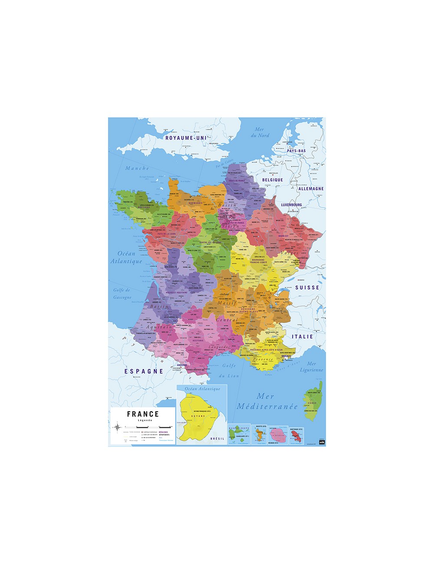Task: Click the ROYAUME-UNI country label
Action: coord(186,138)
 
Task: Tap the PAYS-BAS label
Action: coord(296,151)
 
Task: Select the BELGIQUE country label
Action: coord(273,180)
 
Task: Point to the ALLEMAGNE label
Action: coord(311,189)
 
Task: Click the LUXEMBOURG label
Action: coord(291,205)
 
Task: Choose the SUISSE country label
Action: coord(307,288)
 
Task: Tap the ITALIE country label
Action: coord(302,337)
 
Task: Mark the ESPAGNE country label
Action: coord(144,371)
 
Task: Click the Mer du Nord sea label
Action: coord(260,132)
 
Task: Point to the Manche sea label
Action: coord(137,168)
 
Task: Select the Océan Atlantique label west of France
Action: coord(126,257)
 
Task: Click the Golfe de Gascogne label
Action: coord(122,294)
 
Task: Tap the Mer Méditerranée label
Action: coord(267,401)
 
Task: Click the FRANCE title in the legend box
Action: coord(143,414)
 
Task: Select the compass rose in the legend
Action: coord(117,427)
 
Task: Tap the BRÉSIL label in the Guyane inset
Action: coord(217,439)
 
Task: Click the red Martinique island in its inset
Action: coord(297,435)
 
